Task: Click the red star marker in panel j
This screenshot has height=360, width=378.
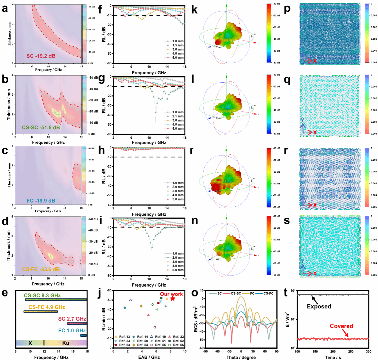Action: tap(173, 299)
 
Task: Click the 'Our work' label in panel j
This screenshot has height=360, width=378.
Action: tap(171, 294)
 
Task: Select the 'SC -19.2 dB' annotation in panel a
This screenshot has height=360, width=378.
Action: tap(41, 56)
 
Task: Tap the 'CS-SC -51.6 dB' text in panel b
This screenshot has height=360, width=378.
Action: tap(41, 127)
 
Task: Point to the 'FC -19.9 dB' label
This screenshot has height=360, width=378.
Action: tap(41, 201)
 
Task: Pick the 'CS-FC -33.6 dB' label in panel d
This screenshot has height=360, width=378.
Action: tap(41, 269)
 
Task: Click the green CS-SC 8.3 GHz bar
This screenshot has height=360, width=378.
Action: tap(56, 299)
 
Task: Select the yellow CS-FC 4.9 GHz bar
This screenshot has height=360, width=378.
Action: tap(41, 312)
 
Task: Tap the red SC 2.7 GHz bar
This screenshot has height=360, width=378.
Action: tap(77, 324)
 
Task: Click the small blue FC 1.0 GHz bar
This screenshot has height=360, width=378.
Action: tap(83, 336)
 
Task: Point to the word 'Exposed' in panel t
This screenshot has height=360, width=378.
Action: tap(319, 307)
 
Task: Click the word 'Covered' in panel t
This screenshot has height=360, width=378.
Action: tap(341, 326)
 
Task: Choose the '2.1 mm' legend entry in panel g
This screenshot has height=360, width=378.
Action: tap(178, 116)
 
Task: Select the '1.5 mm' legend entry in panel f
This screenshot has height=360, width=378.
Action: tap(178, 45)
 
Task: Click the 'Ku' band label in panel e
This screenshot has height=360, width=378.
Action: tap(66, 343)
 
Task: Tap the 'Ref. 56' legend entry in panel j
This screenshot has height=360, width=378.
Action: tap(178, 345)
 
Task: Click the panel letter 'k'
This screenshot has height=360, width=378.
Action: tap(194, 10)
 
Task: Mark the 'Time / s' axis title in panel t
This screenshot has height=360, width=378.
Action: tap(333, 357)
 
